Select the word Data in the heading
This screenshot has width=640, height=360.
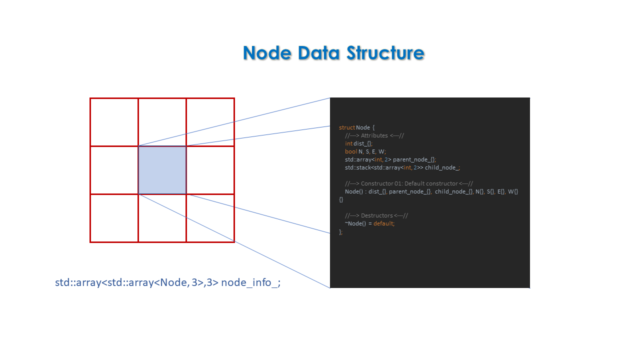[315, 52]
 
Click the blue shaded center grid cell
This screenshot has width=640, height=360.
[162, 170]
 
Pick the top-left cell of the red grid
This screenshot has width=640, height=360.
[114, 122]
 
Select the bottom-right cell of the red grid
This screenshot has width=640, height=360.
[210, 218]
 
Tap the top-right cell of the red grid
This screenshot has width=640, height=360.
[210, 122]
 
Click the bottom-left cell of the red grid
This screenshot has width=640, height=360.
[114, 218]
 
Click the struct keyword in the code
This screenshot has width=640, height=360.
[346, 127]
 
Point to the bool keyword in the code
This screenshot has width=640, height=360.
[351, 151]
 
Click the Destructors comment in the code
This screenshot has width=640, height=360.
[376, 215]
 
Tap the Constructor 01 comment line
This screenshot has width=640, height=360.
[408, 183]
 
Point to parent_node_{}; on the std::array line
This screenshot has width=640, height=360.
[414, 159]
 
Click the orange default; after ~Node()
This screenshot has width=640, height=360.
[384, 223]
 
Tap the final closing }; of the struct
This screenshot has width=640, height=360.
[341, 231]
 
